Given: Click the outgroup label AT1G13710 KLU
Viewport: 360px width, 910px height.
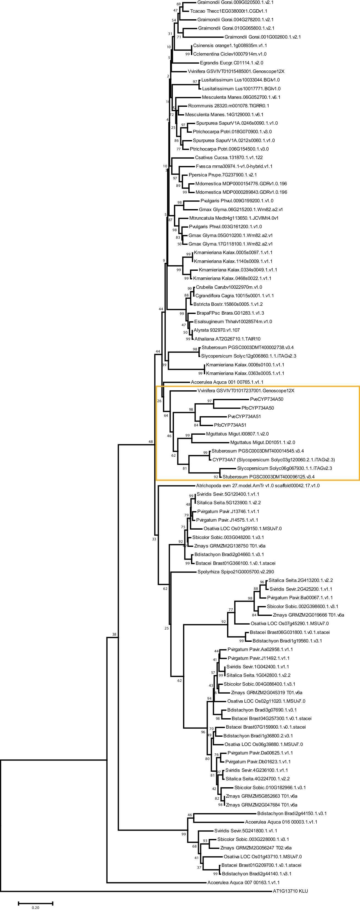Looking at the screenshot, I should tap(290, 891).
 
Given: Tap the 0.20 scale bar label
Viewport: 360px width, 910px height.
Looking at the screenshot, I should tap(35, 907).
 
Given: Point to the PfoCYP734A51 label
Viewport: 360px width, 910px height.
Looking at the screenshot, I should tap(230, 425).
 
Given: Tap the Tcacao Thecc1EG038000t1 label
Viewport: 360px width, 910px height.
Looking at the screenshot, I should tap(228, 11).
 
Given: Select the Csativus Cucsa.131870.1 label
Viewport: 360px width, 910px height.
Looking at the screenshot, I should tap(228, 157).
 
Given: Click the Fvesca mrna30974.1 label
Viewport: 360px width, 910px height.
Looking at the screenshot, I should tap(234, 166).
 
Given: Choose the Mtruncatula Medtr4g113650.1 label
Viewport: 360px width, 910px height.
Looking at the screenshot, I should tap(233, 218).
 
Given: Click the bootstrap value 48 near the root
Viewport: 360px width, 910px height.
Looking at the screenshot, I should tap(151, 442).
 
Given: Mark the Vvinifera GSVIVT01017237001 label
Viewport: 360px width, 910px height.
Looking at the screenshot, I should tap(246, 391).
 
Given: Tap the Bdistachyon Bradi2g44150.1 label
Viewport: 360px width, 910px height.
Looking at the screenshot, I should tap(291, 813).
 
